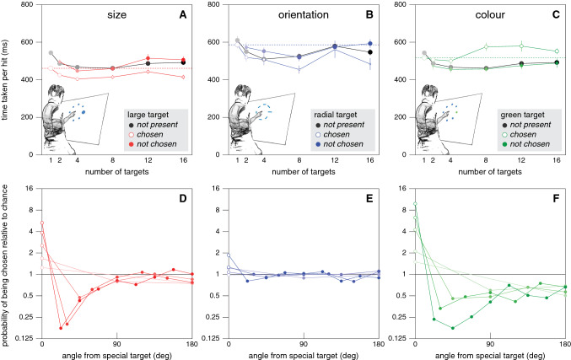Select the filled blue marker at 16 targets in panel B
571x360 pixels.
[369, 44]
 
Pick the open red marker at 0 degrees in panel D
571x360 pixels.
[42, 223]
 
